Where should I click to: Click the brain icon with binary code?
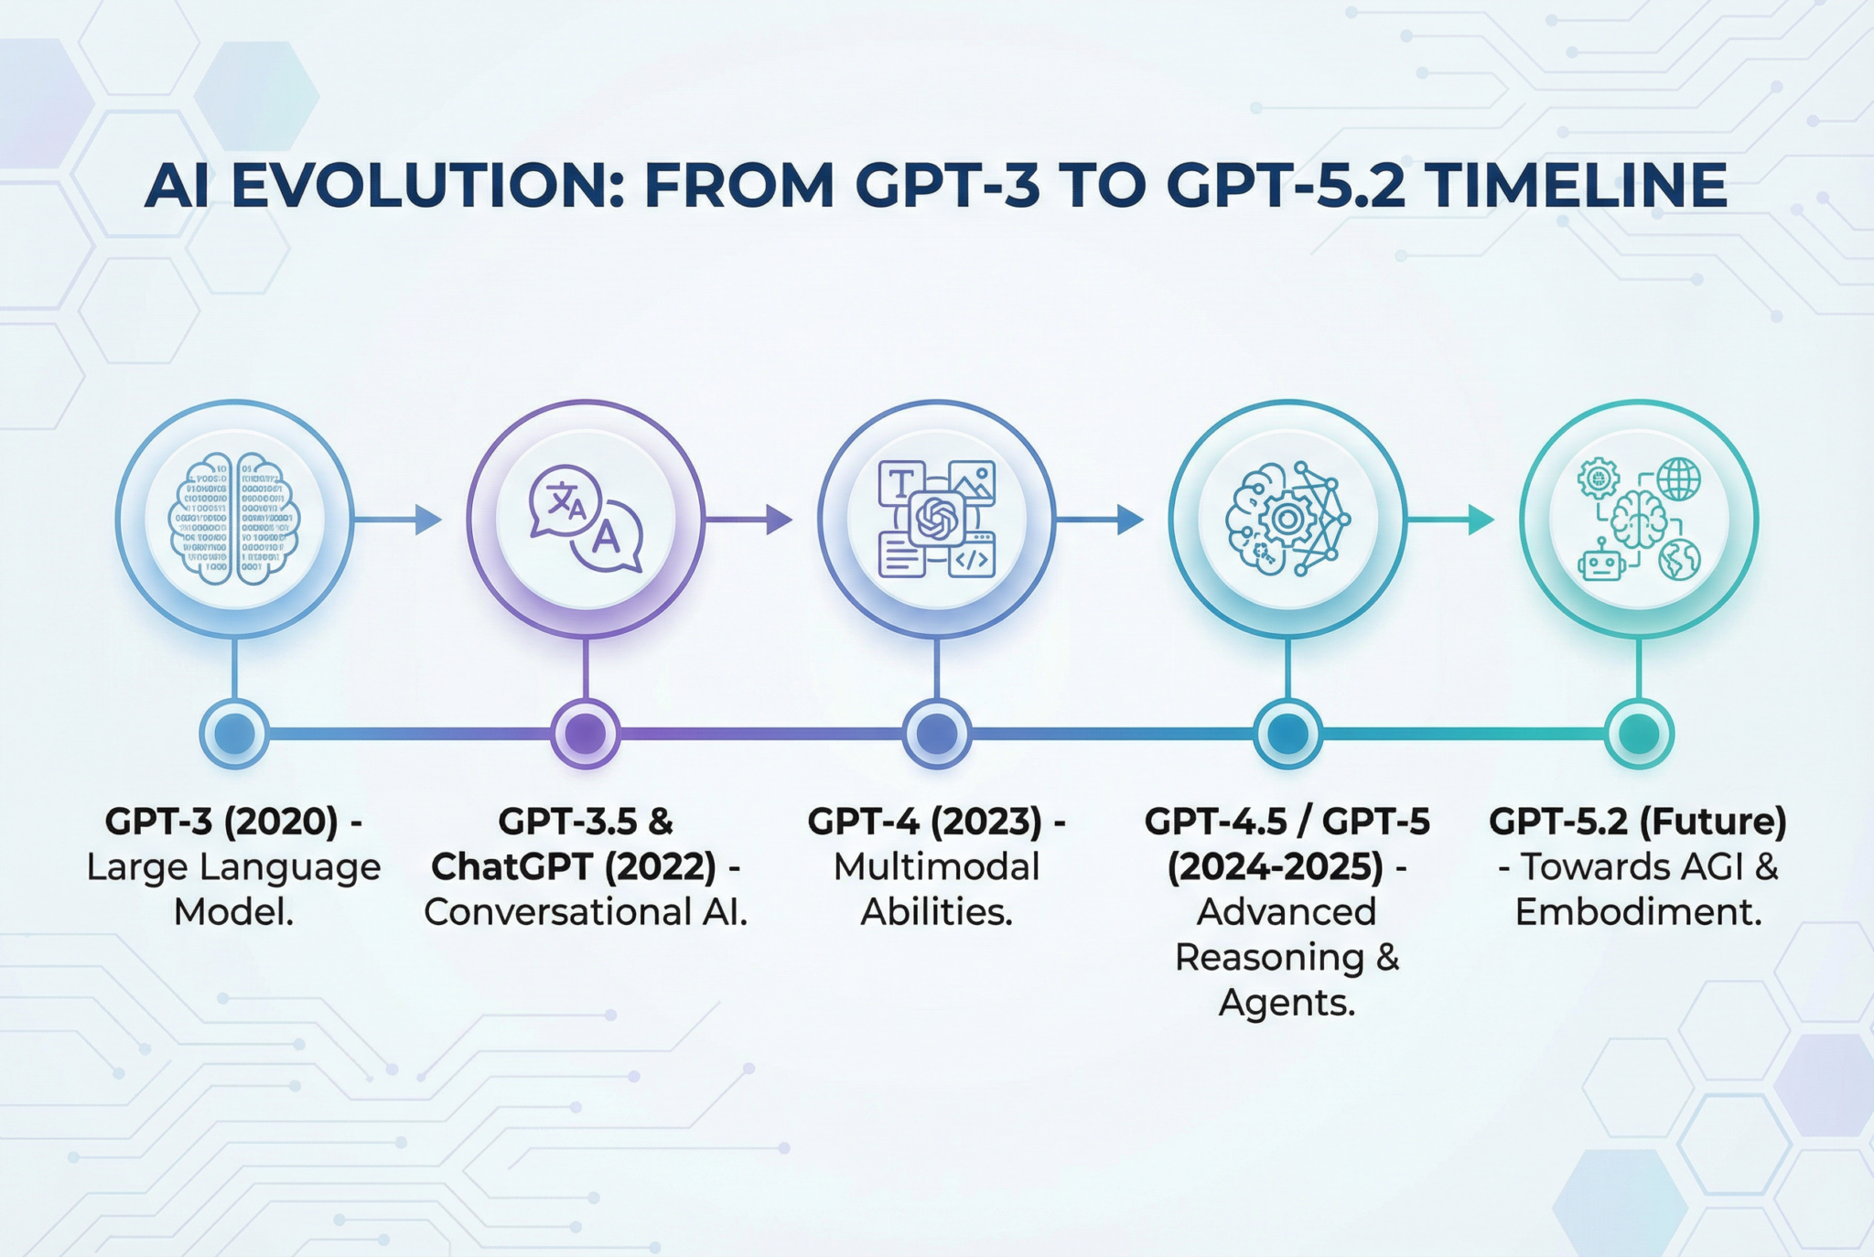click(x=234, y=519)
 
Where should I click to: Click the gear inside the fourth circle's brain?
click(x=1287, y=520)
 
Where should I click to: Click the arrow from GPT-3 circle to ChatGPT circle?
click(x=398, y=520)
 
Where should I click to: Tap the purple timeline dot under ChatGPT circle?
click(x=586, y=734)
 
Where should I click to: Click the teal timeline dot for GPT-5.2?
click(x=1639, y=734)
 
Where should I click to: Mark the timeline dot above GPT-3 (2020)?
click(x=234, y=734)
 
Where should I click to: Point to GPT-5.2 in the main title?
click(x=1286, y=186)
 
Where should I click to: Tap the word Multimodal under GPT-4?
click(x=936, y=866)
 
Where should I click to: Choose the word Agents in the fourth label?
click(x=1287, y=1003)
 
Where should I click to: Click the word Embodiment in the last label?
click(x=1638, y=912)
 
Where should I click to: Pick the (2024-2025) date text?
click(x=1276, y=866)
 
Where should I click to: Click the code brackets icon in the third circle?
click(x=972, y=559)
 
